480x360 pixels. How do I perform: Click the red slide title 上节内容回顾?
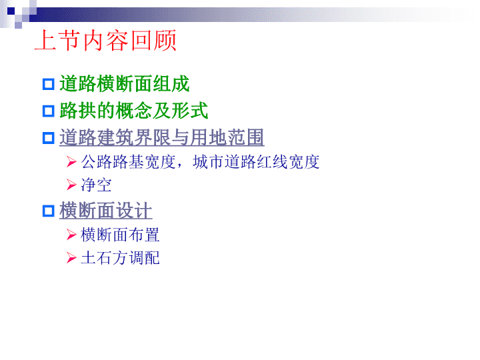105,40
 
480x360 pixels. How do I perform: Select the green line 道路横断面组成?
125,83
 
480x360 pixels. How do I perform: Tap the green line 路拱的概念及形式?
134,111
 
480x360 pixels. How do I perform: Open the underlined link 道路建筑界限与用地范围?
161,137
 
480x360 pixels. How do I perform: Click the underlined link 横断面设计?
105,210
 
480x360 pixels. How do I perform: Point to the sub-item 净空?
96,185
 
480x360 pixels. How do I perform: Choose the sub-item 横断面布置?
120,235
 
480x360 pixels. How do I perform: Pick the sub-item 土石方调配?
120,257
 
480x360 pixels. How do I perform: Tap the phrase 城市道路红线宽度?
256,161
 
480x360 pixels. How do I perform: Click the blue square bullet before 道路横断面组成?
49,84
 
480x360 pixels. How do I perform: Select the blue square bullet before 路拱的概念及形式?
49,111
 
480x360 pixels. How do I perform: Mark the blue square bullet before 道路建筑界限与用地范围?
49,138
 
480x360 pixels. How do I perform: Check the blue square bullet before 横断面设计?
49,211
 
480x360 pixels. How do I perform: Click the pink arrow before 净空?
71,185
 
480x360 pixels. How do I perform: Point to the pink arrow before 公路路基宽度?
71,162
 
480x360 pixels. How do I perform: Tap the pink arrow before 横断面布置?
71,235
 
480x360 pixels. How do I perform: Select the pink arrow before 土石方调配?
71,258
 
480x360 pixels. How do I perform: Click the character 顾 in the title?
165,40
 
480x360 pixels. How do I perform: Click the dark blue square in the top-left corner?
11,11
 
